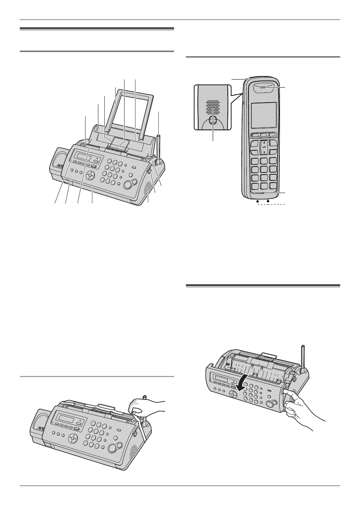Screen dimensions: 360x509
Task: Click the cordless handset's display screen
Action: pos(264,114)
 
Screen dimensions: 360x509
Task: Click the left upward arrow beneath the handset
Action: pos(257,201)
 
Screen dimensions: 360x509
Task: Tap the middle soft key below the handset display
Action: pos(264,135)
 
